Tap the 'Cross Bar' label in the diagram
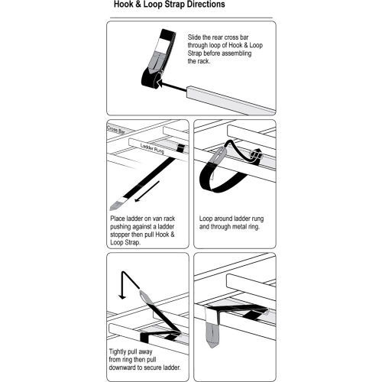pos(116,130)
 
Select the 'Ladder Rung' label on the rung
pos(152,148)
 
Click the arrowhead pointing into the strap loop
pos(160,83)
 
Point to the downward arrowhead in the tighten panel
pos(122,296)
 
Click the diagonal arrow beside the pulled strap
pos(147,191)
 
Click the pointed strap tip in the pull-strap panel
pos(116,205)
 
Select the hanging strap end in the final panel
pos(212,335)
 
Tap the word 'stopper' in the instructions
pos(120,235)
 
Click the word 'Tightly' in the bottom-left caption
pos(118,352)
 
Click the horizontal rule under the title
pos(191,18)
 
